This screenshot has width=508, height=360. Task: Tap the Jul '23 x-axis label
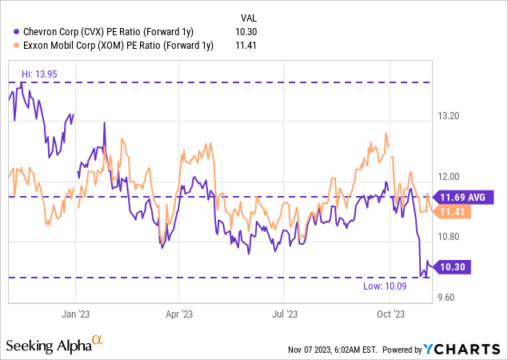286,314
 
